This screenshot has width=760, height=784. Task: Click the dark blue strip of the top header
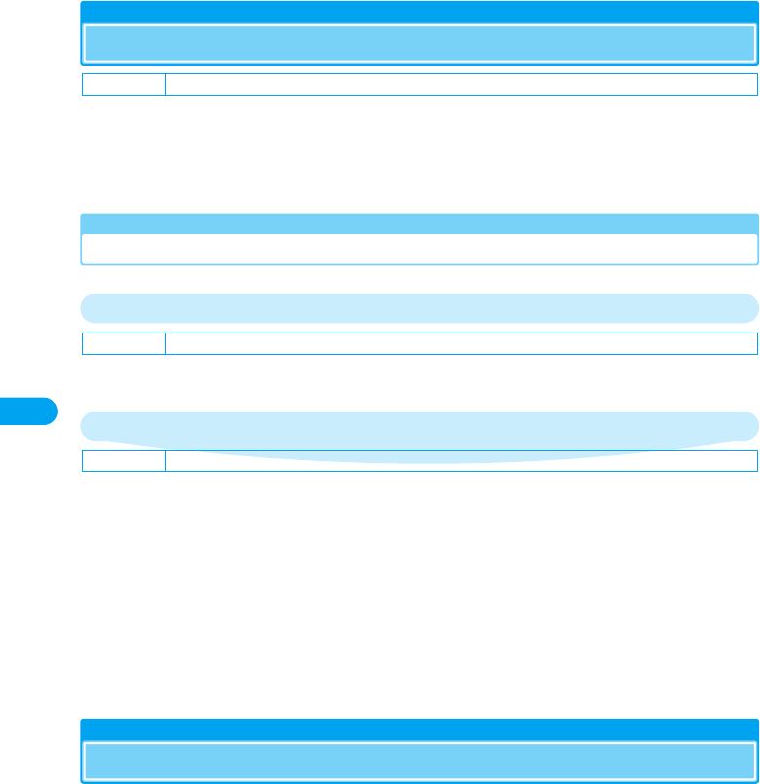tap(419, 12)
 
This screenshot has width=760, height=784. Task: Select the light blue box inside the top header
tap(419, 44)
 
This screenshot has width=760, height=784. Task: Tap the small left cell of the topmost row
tap(123, 84)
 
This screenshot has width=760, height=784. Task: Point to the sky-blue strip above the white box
tap(419, 222)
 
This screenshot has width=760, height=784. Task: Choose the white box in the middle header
tap(419, 248)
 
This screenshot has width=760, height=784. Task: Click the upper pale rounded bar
tap(419, 307)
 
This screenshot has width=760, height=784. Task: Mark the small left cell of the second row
tap(123, 343)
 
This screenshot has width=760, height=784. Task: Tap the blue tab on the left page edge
tap(28, 411)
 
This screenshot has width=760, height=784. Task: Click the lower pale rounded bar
tap(419, 426)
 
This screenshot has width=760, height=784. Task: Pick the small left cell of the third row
tap(123, 460)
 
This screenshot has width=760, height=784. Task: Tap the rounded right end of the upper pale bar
tap(748, 307)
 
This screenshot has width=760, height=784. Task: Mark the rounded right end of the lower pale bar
tap(748, 426)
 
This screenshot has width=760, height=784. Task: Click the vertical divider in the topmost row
tap(165, 84)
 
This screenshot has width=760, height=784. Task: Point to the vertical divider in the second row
tap(165, 343)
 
